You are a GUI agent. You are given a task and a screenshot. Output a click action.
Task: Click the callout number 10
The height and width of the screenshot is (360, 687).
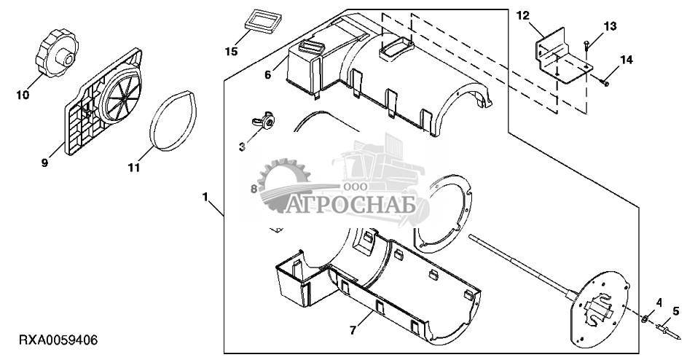pos(23,95)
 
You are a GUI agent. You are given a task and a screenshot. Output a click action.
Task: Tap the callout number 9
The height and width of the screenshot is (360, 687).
pos(44,163)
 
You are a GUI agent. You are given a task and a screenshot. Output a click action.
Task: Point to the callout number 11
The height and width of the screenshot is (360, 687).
pos(133,168)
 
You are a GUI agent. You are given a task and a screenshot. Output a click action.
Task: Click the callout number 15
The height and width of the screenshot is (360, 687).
pos(232,51)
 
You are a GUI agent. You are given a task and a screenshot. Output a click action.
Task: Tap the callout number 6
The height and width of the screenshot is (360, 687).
pos(267,75)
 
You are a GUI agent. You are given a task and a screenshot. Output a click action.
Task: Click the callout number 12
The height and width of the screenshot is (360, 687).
pos(522,16)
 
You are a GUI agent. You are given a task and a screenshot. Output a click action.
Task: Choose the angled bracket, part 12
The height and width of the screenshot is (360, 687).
pos(563,55)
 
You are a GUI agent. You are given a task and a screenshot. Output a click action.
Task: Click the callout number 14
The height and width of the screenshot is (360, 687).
pos(627,60)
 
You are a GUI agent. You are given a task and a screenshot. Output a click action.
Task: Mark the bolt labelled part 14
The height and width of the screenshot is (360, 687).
pos(603,81)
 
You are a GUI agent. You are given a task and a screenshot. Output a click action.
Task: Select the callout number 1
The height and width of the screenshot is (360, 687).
pos(205,197)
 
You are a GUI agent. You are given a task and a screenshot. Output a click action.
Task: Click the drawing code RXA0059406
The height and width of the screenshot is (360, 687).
pos(58,340)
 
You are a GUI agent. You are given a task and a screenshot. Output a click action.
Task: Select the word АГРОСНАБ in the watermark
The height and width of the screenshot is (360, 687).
pos(350,204)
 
